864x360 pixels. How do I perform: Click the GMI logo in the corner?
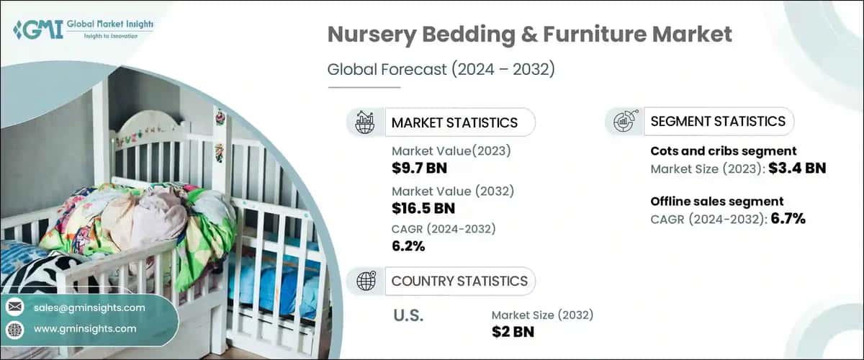pyautogui.click(x=84, y=30)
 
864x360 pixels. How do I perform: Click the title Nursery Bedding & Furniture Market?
pyautogui.click(x=529, y=34)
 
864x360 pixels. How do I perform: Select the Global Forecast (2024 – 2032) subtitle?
pyautogui.click(x=441, y=70)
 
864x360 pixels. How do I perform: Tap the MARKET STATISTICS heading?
pyautogui.click(x=454, y=122)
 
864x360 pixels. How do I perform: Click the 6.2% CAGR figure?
pyautogui.click(x=408, y=246)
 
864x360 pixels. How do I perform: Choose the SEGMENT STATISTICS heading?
pyautogui.click(x=718, y=122)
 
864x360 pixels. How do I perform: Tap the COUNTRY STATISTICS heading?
pyautogui.click(x=459, y=281)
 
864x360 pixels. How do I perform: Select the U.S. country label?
pyautogui.click(x=408, y=315)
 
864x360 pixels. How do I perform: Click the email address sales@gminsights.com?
pyautogui.click(x=89, y=307)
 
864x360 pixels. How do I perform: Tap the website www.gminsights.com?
pyautogui.click(x=84, y=328)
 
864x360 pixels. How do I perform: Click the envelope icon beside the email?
pyautogui.click(x=14, y=307)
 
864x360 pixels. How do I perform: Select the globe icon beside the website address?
pyautogui.click(x=14, y=329)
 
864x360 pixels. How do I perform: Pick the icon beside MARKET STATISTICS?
pyautogui.click(x=366, y=122)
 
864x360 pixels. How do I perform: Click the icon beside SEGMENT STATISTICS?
pyautogui.click(x=624, y=122)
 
